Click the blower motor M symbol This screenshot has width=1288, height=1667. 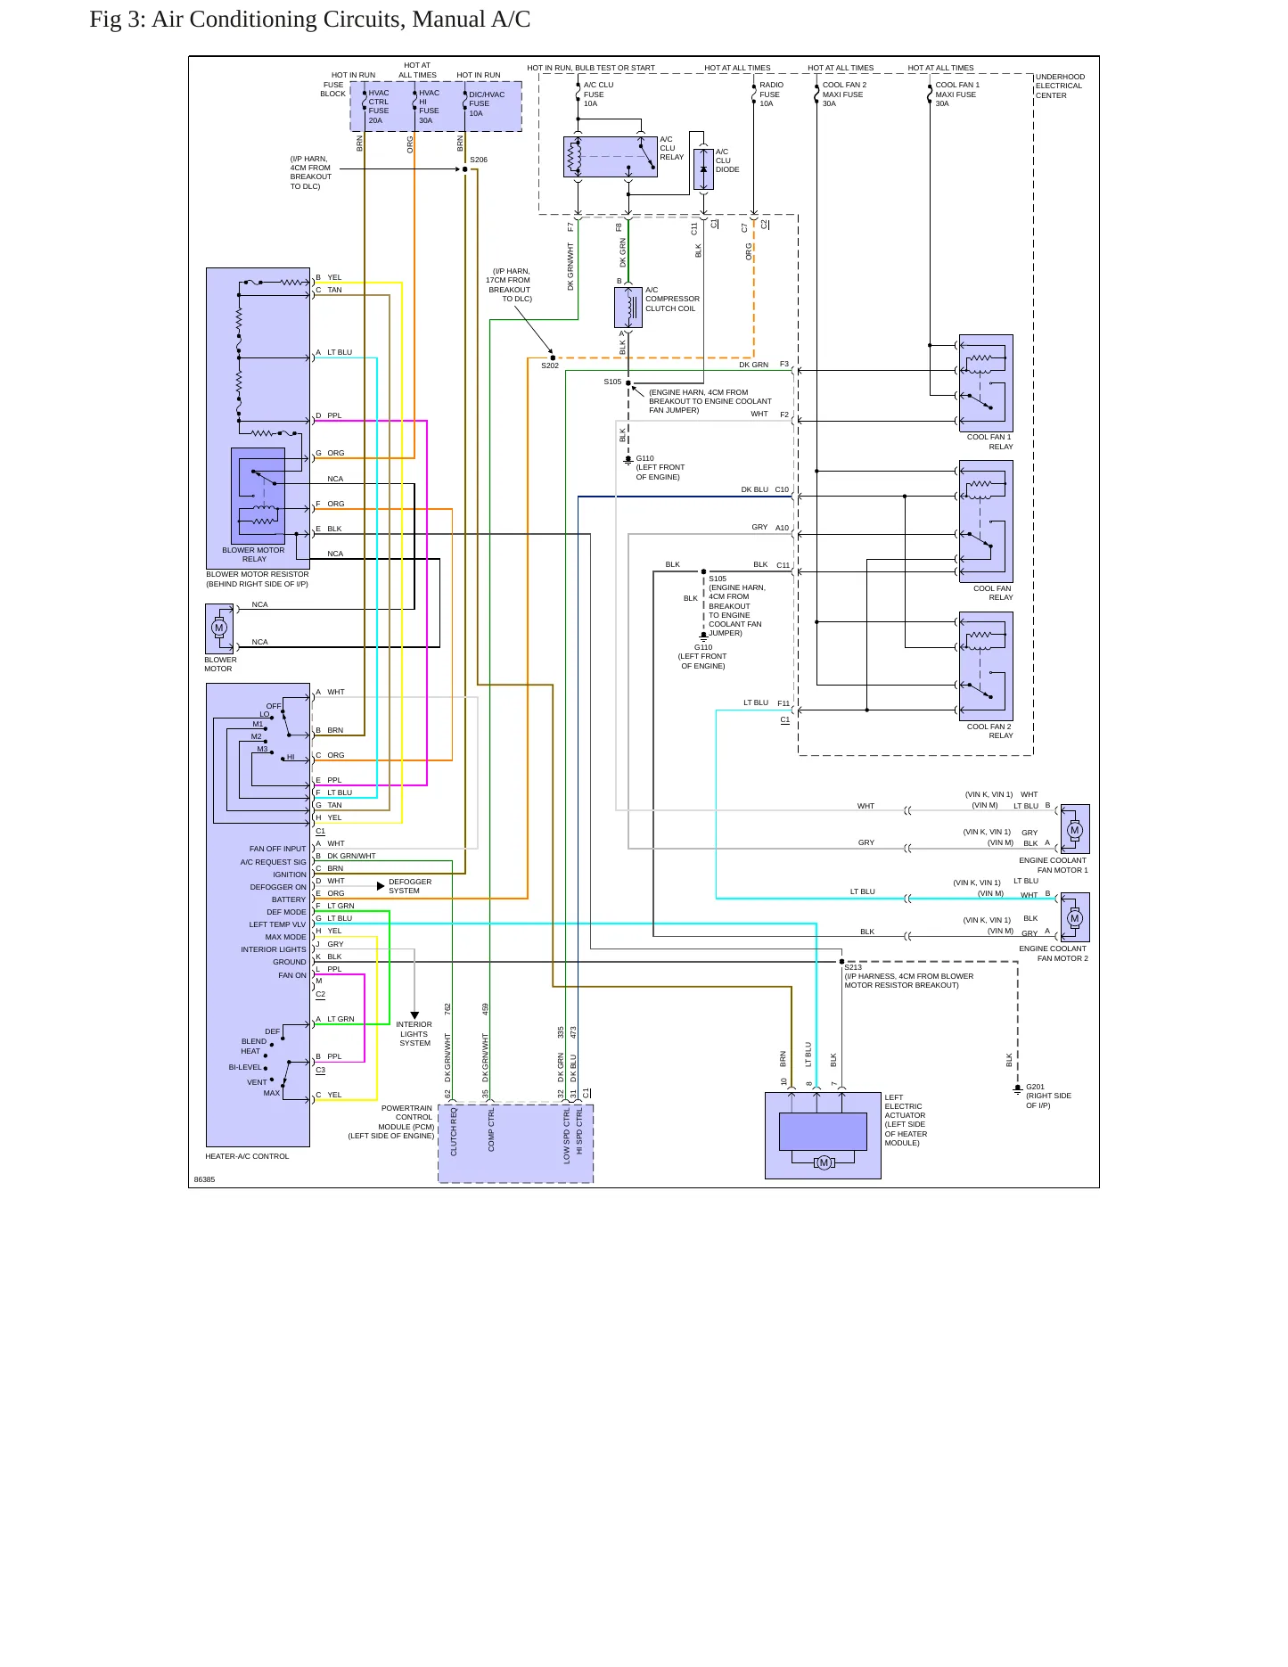tap(219, 628)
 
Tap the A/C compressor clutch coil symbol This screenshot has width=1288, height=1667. tap(628, 307)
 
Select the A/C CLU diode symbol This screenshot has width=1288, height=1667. tap(703, 168)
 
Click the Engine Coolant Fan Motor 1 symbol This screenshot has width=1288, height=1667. tap(1074, 829)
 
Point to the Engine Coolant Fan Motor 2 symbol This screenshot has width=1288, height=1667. tap(1074, 917)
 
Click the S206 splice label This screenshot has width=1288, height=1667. tap(479, 160)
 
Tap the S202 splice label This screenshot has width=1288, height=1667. tap(550, 365)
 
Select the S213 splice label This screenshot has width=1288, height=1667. tap(853, 967)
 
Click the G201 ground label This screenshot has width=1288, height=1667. tap(1035, 1087)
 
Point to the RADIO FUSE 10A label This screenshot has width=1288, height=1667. tap(771, 94)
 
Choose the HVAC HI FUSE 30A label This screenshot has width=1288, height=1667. tap(429, 107)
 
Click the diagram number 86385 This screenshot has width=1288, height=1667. tap(204, 1179)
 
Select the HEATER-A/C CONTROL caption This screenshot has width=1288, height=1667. tap(247, 1156)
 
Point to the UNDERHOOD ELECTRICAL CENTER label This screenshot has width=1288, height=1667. tap(1060, 86)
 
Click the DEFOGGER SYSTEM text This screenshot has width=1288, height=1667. tap(410, 886)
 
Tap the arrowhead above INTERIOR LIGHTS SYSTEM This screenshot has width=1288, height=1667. tap(414, 1015)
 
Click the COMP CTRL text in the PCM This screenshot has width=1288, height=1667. tap(491, 1129)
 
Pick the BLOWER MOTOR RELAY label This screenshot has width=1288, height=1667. tap(254, 554)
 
